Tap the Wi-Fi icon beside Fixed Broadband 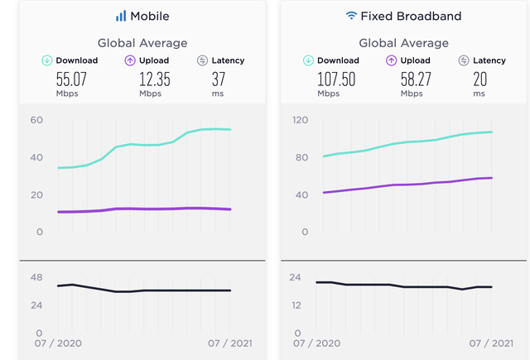tap(353, 16)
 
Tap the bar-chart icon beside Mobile tap(121, 16)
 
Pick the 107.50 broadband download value tap(336, 79)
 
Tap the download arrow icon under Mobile tap(48, 60)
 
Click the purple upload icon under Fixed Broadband tap(391, 60)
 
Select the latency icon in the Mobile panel tap(203, 60)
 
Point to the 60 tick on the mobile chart tap(36, 120)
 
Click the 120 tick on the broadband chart tap(300, 120)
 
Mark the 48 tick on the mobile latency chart tap(36, 277)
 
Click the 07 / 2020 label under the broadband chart tap(316, 343)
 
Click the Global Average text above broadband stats tap(403, 42)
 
